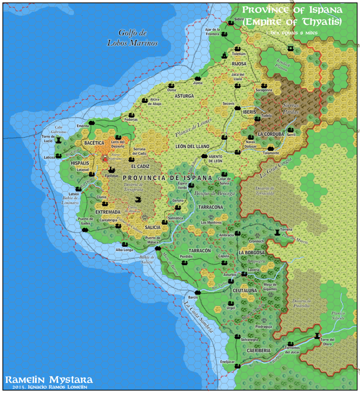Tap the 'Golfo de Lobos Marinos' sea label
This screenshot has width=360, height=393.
pyautogui.click(x=132, y=38)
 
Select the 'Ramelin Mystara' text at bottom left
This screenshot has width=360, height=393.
pyautogui.click(x=48, y=380)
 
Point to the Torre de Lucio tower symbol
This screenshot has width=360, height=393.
pyautogui.click(x=58, y=140)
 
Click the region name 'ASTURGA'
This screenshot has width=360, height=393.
pyautogui.click(x=184, y=96)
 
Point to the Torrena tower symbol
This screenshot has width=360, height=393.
pyautogui.click(x=278, y=232)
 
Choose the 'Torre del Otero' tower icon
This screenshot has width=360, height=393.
pyautogui.click(x=317, y=336)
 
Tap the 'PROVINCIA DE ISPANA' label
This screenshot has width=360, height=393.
pyautogui.click(x=167, y=178)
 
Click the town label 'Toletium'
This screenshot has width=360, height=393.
pyautogui.click(x=238, y=54)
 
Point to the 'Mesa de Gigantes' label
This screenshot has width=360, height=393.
pyautogui.click(x=270, y=286)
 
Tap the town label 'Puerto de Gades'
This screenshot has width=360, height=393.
pyautogui.click(x=85, y=221)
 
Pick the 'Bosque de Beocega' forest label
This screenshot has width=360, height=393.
pyautogui.click(x=214, y=193)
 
